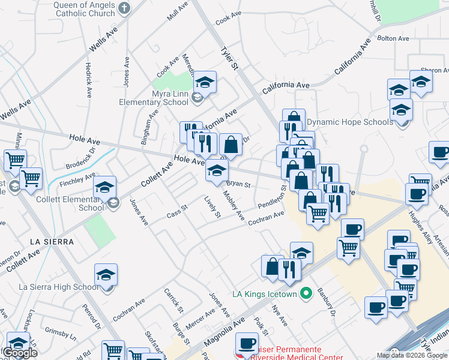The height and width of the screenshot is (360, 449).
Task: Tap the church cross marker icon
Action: point(124,8)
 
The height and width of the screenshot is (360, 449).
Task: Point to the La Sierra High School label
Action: point(58,287)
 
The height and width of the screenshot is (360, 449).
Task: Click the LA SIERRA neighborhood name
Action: point(52,242)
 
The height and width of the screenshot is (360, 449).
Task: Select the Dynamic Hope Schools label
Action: point(350,122)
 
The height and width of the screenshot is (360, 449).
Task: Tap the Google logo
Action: point(20,353)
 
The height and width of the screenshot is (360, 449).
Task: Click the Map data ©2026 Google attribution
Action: point(412,355)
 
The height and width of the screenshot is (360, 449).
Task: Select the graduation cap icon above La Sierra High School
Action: point(106,275)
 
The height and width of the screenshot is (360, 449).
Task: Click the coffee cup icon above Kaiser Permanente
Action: point(247,344)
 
